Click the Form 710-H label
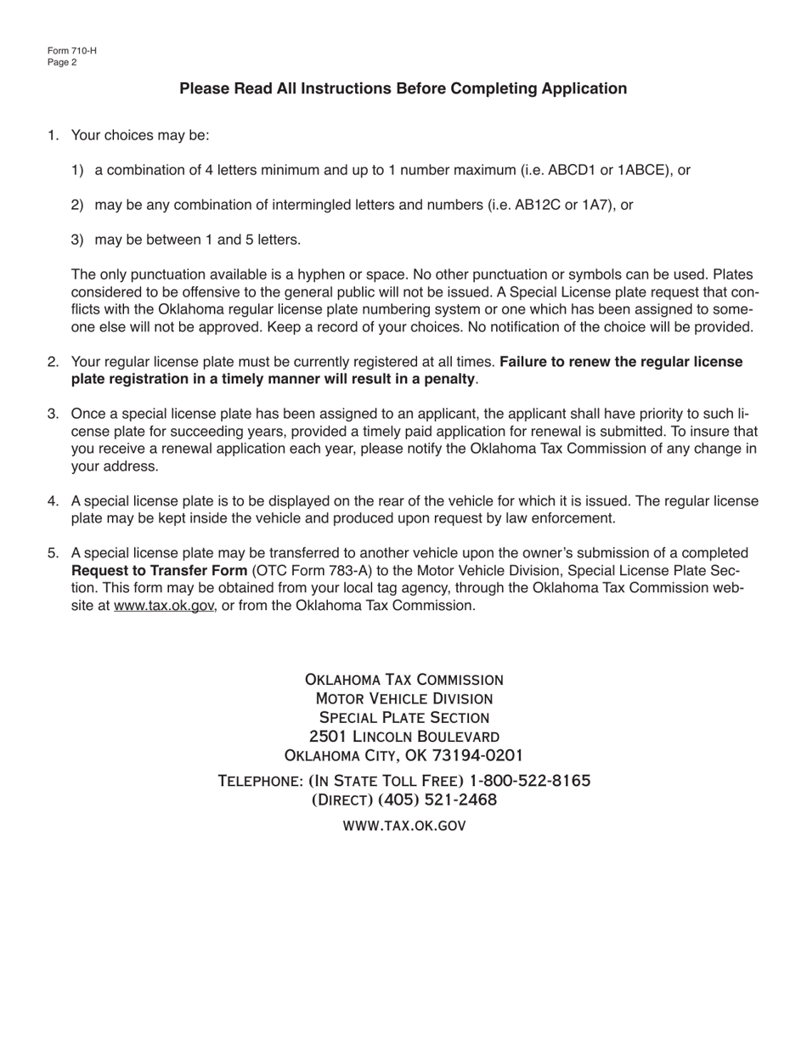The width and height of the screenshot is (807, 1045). tap(72, 50)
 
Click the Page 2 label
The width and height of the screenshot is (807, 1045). tap(63, 62)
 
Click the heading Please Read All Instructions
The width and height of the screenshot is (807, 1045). tap(403, 88)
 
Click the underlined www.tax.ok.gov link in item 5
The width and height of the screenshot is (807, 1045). tap(163, 606)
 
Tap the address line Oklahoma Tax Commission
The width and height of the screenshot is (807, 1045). tap(403, 680)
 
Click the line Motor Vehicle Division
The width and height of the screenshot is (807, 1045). tap(403, 698)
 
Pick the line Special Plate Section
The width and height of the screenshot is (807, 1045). tap(403, 717)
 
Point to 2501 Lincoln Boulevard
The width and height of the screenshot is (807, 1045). tap(403, 736)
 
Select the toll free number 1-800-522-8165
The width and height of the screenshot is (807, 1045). tap(529, 780)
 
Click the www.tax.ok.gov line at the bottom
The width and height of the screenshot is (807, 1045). tap(403, 825)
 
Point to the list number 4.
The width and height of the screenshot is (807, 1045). tap(53, 501)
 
